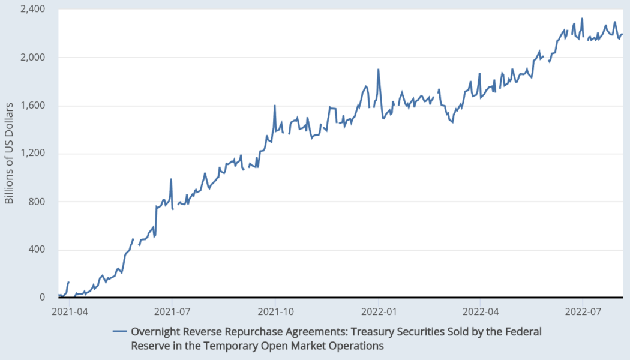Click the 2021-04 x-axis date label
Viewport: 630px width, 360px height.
[x=70, y=311]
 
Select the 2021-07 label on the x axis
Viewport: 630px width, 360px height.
[x=172, y=311]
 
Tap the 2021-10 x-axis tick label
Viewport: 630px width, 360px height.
[x=275, y=311]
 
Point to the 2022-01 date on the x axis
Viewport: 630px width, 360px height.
[x=379, y=311]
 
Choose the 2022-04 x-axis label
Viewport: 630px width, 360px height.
[x=480, y=311]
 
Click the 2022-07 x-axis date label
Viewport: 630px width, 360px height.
[x=583, y=311]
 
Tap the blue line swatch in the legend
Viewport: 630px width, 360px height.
[x=120, y=331]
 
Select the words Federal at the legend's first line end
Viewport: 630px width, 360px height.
[x=525, y=331]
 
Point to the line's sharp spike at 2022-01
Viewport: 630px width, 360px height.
[x=378, y=70]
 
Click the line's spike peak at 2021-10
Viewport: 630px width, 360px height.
[x=275, y=106]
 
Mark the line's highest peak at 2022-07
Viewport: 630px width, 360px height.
[x=582, y=19]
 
